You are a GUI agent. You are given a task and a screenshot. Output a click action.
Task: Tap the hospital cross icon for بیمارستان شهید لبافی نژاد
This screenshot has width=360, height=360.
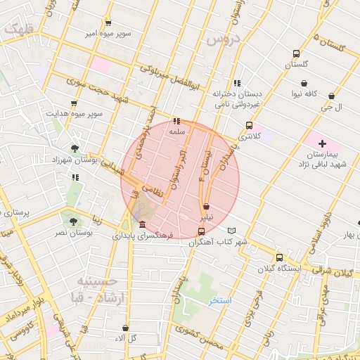coord(322,143)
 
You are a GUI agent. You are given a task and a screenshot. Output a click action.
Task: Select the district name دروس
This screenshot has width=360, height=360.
coord(224,39)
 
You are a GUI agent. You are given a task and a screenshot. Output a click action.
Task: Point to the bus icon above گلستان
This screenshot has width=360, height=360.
coord(297,53)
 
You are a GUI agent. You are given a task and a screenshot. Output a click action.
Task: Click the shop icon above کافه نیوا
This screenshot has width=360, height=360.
coord(304,83)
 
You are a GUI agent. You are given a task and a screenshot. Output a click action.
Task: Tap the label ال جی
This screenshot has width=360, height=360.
coord(330,108)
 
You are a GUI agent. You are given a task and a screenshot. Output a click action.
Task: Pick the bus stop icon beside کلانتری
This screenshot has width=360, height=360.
coord(249,126)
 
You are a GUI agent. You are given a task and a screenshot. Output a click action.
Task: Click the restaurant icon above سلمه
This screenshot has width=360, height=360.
coord(176,120)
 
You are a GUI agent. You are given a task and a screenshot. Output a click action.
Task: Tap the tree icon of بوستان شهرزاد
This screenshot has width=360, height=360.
coord(75,148)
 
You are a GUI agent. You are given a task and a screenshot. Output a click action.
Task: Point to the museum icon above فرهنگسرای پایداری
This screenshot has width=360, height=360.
coord(143,224)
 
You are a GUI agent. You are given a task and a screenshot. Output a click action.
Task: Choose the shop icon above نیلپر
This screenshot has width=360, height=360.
coord(206,207)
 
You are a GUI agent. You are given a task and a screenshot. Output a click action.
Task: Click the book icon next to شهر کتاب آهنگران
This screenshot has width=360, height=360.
coord(232,231)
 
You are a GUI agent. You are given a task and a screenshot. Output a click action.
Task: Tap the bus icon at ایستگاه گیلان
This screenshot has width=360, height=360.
coord(280,257)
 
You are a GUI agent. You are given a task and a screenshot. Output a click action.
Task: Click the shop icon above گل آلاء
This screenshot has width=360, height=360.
coord(125,328)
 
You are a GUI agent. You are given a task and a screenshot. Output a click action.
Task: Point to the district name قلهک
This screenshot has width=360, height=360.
coord(18,29)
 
